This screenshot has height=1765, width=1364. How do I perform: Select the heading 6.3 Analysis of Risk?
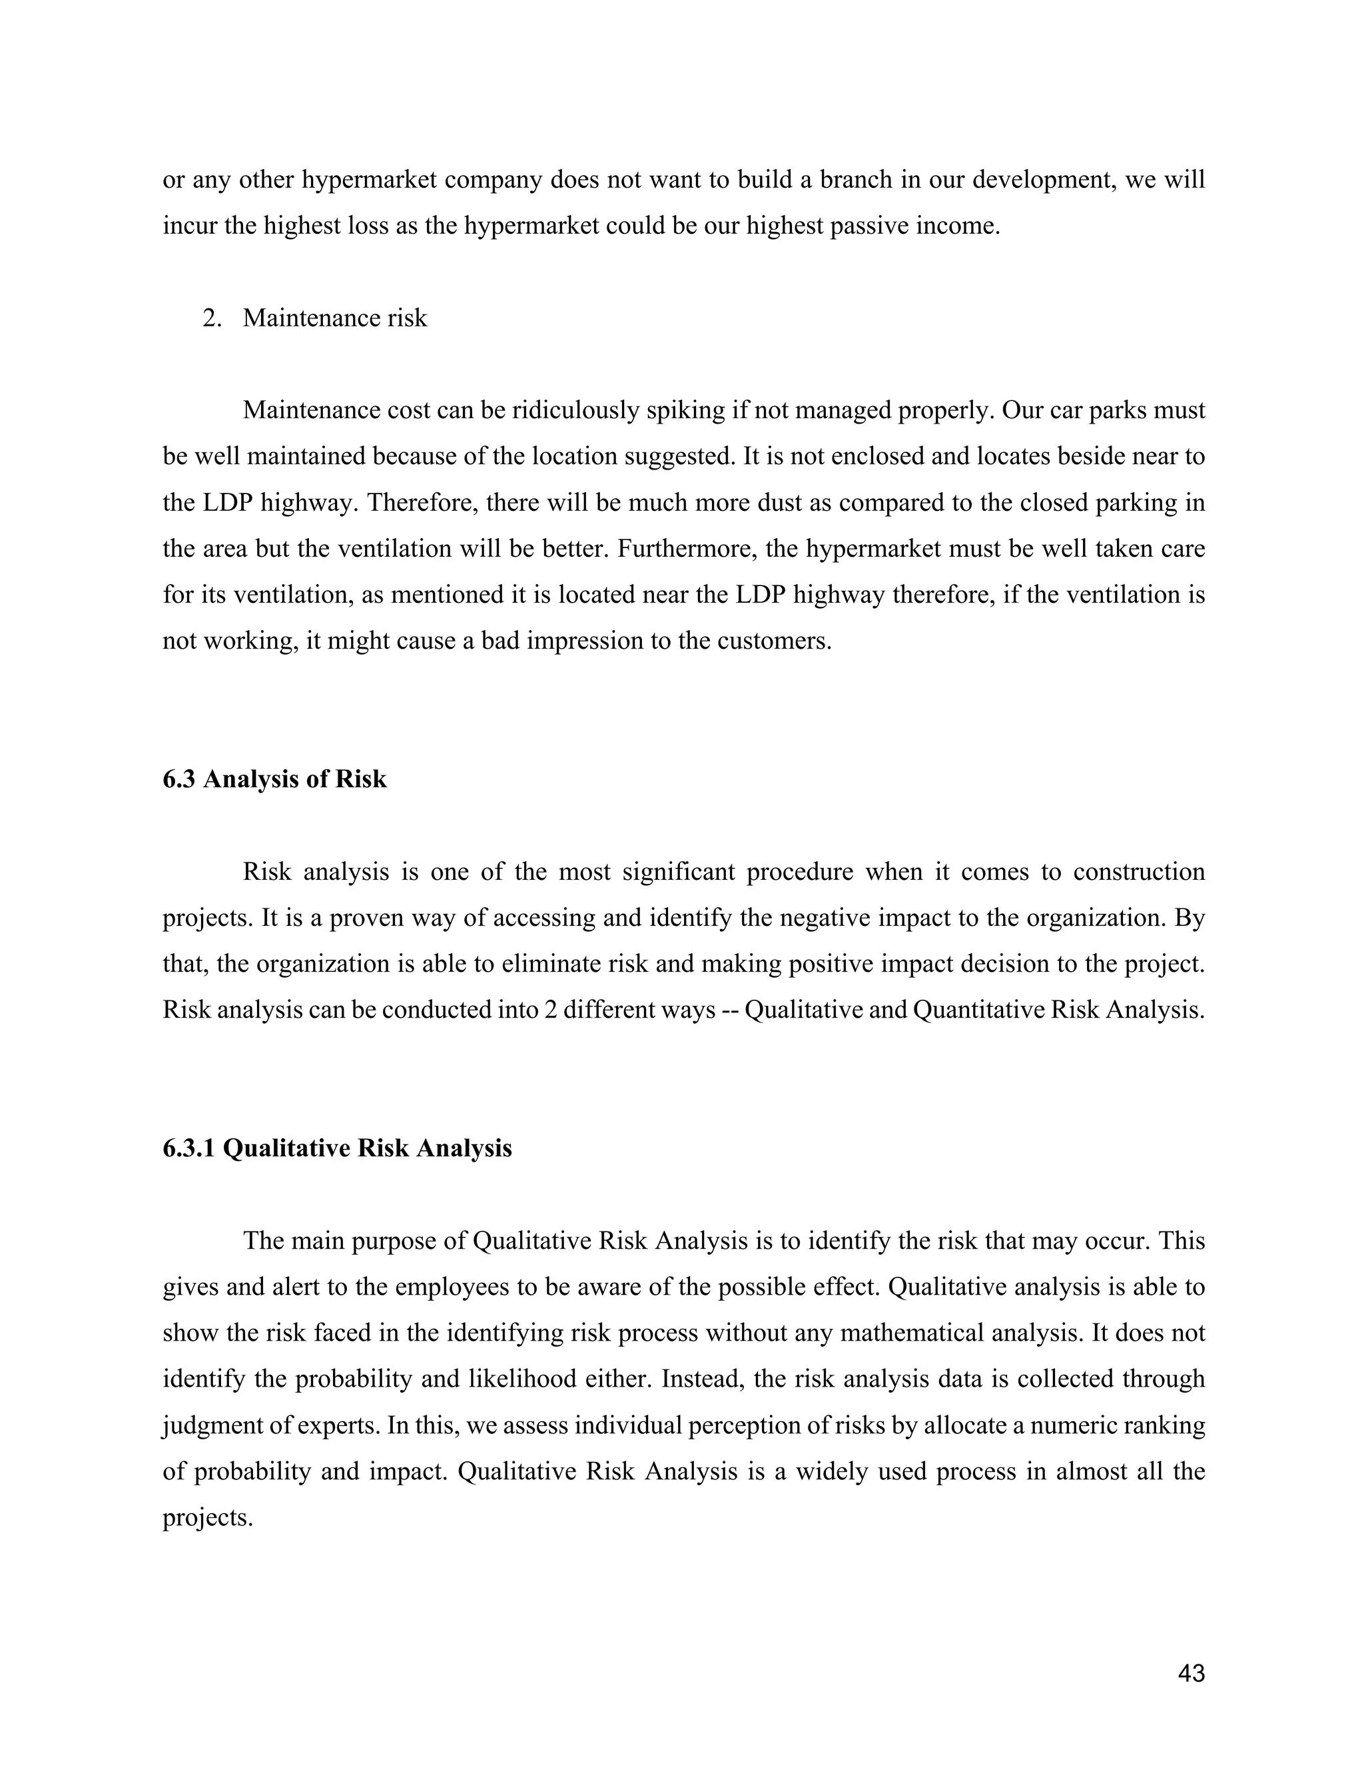point(275,780)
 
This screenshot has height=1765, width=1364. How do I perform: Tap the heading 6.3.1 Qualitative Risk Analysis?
point(337,1148)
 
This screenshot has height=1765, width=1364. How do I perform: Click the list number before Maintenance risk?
point(212,318)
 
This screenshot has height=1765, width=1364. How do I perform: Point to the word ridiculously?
point(576,410)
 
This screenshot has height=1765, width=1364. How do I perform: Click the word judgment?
point(212,1425)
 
